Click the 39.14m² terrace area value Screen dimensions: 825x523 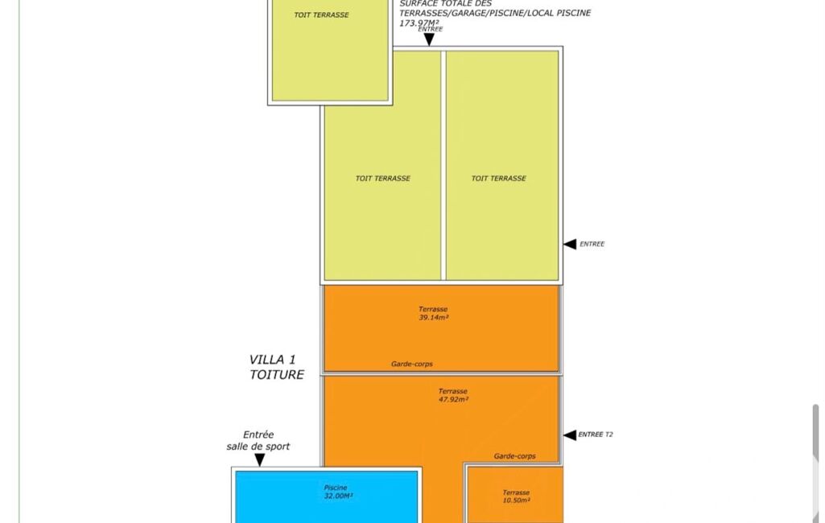pos(434,318)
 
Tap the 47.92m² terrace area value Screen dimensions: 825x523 pos(453,399)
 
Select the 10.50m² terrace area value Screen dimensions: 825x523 pos(516,500)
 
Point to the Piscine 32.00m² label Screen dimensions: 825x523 pos(338,492)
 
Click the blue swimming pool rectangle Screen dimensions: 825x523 pos(326,496)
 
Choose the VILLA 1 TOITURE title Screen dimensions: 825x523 pos(276,367)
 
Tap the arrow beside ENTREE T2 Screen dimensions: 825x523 pos(569,435)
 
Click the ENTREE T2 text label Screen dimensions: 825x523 pos(596,434)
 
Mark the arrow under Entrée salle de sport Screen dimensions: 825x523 pos(259,460)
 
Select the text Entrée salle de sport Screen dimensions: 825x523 pos(258,441)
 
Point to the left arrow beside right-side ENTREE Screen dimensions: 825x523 pos(569,244)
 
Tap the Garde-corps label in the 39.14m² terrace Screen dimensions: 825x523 pos(412,364)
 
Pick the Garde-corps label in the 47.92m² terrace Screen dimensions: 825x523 pos(514,456)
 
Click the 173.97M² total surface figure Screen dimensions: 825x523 pos(419,23)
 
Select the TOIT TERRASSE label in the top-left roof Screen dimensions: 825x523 pos(321,15)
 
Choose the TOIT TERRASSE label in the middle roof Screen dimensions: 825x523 pos(383,179)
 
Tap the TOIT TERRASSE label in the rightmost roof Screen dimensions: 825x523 pos(499,179)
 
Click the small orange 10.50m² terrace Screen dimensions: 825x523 pos(515,495)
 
